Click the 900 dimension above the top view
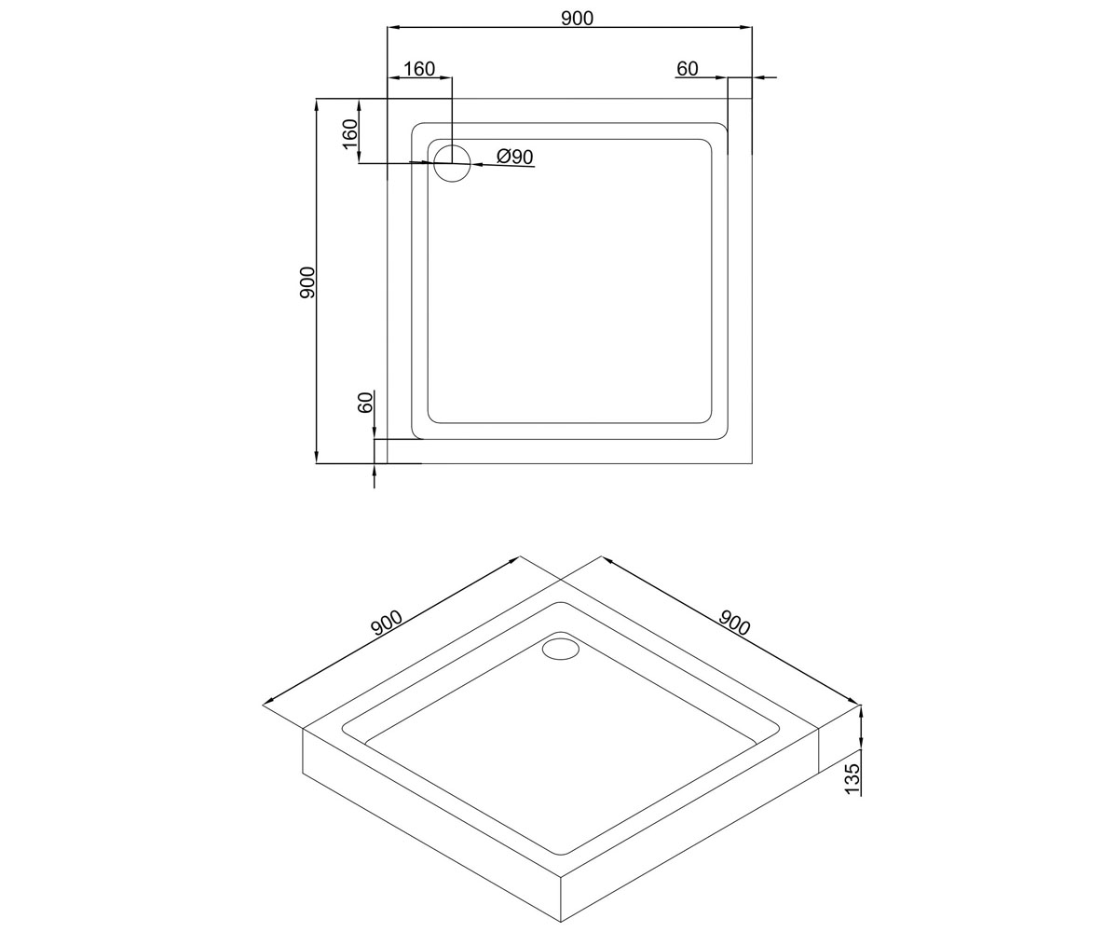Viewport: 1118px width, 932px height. point(578,19)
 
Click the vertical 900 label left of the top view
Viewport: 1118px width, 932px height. point(307,282)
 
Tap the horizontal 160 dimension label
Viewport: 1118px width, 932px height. point(419,69)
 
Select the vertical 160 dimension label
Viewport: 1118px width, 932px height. point(349,134)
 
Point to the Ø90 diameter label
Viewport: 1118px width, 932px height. point(514,157)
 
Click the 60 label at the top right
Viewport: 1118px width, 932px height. point(688,69)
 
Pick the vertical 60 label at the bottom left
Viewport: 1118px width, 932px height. point(364,403)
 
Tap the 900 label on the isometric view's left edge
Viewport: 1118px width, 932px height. point(387,623)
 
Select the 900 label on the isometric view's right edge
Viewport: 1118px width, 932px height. point(733,622)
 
